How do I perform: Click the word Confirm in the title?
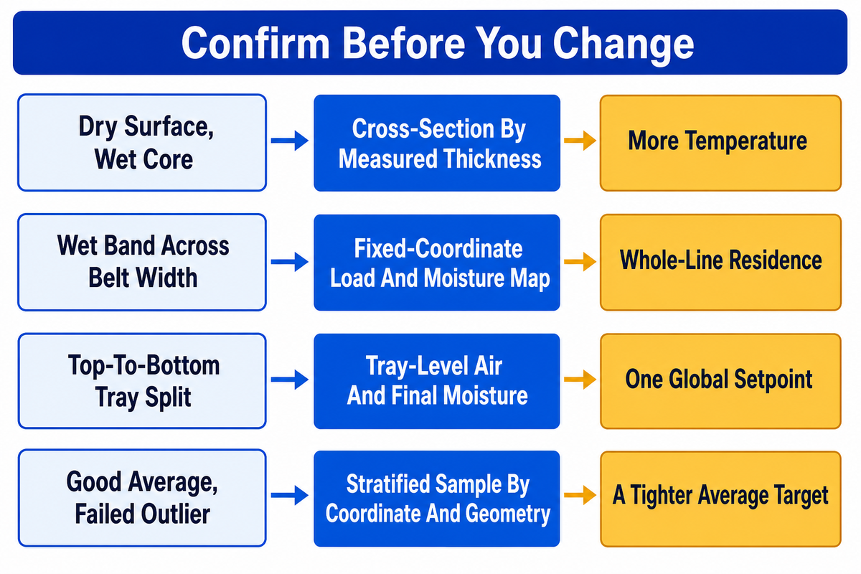pos(255,43)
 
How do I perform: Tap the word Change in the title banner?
pos(623,45)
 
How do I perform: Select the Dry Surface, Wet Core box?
pos(142,143)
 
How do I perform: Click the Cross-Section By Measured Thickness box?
pos(437,143)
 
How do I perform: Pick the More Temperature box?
pos(720,143)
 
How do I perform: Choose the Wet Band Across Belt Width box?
pos(142,262)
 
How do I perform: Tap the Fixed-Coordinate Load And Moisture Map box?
pos(437,263)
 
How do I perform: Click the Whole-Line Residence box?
pos(720,262)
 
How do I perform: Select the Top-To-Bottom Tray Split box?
pos(142,381)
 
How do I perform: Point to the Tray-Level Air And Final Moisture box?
pos(437,381)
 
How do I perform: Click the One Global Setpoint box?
pos(720,381)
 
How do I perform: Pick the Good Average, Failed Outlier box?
pos(142,498)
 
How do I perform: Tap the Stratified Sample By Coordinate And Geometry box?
pos(437,499)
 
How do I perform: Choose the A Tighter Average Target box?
pos(720,499)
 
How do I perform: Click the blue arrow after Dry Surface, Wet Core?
pos(290,141)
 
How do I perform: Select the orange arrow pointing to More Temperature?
pos(580,141)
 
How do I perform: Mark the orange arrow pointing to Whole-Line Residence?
pos(580,261)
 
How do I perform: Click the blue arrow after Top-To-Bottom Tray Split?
pos(290,380)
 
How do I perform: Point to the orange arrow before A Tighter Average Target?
pos(580,495)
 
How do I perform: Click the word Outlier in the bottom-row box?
pos(175,514)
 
